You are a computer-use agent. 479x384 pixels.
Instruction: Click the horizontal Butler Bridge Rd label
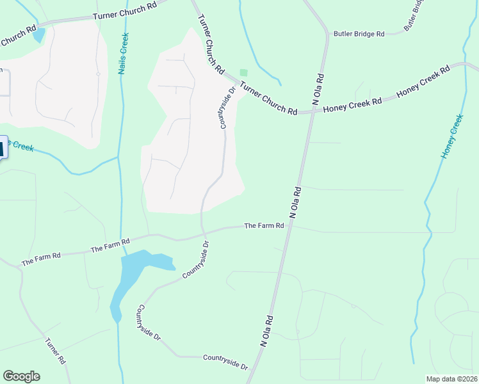[x=358, y=33]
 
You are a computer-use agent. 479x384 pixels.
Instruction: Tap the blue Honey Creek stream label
[x=451, y=136]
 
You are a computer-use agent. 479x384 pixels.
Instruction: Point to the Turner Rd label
[x=56, y=351]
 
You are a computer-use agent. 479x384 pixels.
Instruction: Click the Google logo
[x=21, y=376]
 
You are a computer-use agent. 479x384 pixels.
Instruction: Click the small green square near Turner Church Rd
[x=243, y=73]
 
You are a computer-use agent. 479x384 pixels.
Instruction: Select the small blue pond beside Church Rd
[x=39, y=35]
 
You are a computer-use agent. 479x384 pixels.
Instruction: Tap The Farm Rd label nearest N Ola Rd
[x=263, y=226]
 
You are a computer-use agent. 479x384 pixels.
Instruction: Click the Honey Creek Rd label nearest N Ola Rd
[x=352, y=106]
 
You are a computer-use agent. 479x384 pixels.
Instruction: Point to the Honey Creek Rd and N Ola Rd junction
[x=315, y=111]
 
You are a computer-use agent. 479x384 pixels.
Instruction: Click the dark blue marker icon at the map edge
[x=2, y=148]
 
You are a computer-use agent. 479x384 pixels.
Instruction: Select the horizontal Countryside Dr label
[x=225, y=362]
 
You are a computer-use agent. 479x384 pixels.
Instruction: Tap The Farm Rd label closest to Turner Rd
[x=41, y=259]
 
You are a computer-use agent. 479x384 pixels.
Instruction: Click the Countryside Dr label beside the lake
[x=196, y=259]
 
